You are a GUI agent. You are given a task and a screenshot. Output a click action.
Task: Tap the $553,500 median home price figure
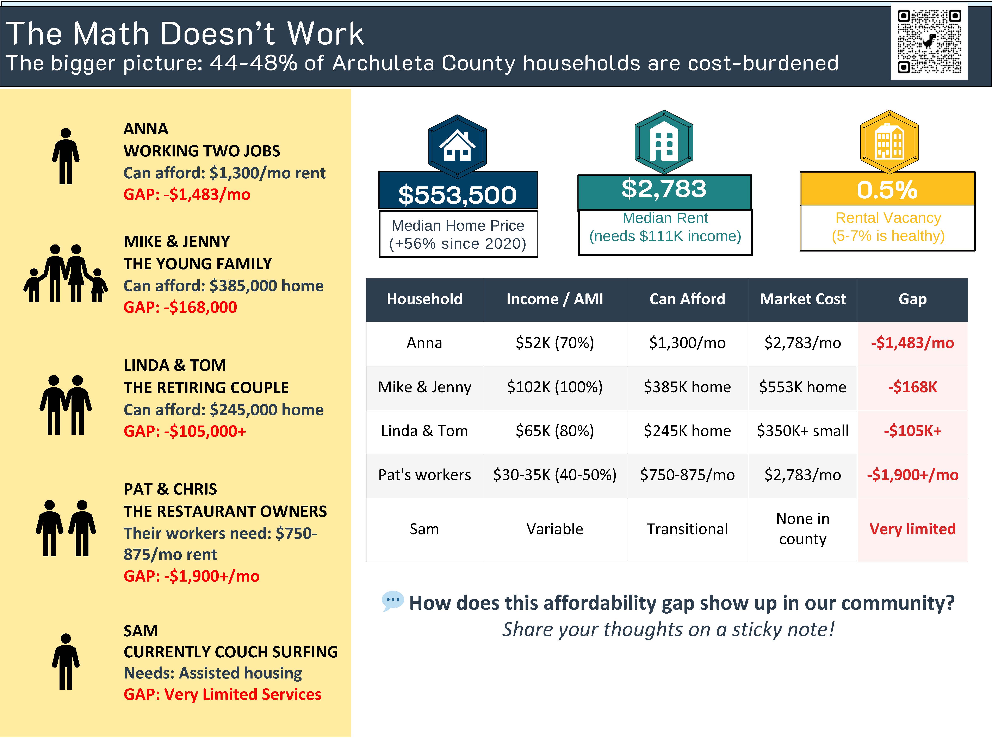[457, 195]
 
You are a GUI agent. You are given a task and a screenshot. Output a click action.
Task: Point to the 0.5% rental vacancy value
[887, 190]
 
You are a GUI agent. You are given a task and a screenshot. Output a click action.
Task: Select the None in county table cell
[802, 529]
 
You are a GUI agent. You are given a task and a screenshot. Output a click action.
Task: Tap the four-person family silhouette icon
[66, 274]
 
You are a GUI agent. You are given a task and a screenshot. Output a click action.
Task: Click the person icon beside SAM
[66, 662]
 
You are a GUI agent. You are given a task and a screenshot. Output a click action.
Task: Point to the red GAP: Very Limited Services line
[222, 694]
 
